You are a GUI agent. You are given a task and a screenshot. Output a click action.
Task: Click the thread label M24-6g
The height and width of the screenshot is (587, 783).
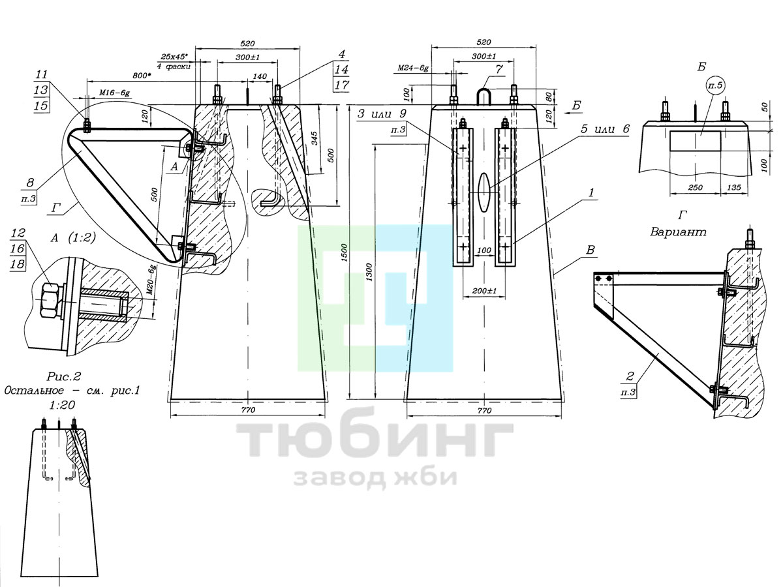[x=413, y=68]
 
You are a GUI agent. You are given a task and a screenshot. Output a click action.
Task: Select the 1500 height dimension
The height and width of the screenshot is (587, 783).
[x=344, y=252]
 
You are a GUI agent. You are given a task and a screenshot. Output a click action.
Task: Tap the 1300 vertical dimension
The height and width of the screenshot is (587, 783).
[x=369, y=272]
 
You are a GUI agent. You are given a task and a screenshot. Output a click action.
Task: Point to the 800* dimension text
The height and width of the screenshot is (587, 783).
[x=140, y=76]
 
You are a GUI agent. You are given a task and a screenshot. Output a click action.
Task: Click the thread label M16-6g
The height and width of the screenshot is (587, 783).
[x=114, y=93]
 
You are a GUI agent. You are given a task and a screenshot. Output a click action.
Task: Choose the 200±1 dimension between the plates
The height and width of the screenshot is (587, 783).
[x=484, y=291]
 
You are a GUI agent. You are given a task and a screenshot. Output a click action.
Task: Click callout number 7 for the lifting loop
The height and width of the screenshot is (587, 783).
[x=499, y=70]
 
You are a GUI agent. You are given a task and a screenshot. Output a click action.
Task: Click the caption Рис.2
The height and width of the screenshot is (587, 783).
[x=64, y=376]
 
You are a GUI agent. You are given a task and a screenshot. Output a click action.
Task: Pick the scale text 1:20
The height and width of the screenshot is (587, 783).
[x=62, y=405]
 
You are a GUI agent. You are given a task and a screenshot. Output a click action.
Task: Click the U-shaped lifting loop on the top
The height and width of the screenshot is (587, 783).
[x=484, y=97]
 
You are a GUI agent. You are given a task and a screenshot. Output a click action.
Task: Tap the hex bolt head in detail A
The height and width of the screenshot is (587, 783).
[x=50, y=300]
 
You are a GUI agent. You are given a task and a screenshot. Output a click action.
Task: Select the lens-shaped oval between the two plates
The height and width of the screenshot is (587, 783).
[x=484, y=192]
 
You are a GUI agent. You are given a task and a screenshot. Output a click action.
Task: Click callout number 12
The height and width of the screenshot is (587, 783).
[x=18, y=233]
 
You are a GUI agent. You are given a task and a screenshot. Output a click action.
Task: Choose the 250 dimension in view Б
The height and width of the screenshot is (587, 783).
[x=696, y=187]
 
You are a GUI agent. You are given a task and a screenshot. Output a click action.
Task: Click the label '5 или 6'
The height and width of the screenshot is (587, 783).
[x=605, y=129]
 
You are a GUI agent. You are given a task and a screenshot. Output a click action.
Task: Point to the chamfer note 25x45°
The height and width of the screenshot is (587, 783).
[x=174, y=56]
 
